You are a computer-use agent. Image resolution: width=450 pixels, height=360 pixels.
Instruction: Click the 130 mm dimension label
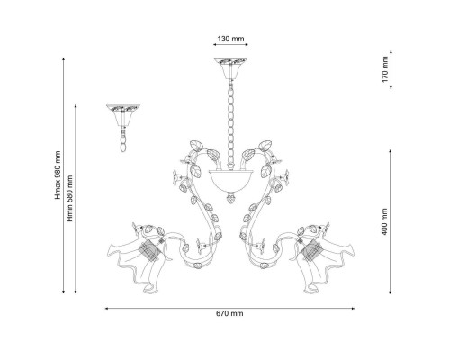click(x=230, y=39)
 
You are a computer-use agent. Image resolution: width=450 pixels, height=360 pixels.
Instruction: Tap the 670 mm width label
click(x=229, y=313)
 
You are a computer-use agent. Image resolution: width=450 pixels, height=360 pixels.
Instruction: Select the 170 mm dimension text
click(x=385, y=69)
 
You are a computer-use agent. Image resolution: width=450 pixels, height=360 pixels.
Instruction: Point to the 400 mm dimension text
click(x=384, y=222)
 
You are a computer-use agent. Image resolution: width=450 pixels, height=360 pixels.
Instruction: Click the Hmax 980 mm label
click(x=58, y=175)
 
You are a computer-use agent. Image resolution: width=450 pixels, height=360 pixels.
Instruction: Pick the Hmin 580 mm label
click(x=69, y=199)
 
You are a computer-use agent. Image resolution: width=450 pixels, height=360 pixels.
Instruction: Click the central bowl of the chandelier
click(x=230, y=181)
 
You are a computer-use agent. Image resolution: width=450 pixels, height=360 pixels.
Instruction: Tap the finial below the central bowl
click(x=230, y=197)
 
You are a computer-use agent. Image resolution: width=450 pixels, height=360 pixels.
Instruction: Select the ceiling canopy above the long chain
click(x=230, y=68)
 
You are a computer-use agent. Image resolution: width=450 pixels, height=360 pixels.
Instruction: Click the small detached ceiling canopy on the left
click(x=123, y=115)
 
